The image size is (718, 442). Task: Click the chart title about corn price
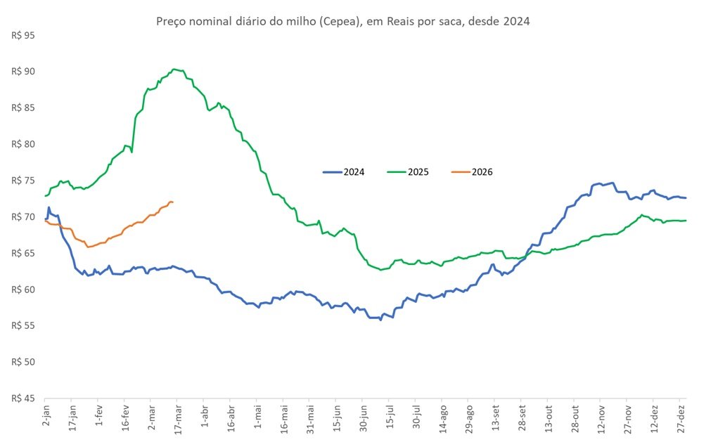[x=342, y=22]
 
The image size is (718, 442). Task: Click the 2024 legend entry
[x=344, y=172]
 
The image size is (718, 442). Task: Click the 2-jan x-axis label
[x=45, y=419]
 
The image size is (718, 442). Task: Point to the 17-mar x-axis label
[x=178, y=420]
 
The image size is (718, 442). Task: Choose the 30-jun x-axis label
[x=364, y=420]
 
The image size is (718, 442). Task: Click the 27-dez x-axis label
[x=682, y=420]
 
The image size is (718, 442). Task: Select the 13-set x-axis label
[x=496, y=420]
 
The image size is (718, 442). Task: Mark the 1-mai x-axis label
[x=258, y=419]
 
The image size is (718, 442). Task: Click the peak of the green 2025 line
[x=174, y=69]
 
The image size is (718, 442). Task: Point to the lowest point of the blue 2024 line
[x=380, y=320]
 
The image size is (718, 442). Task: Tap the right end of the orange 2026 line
[x=173, y=202]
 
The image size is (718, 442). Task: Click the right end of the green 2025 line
[x=686, y=221]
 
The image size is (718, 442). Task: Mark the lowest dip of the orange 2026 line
[x=88, y=247]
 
